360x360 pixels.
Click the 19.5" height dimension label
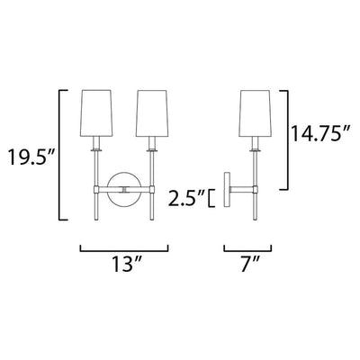point(31,157)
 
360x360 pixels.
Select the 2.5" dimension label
point(186,198)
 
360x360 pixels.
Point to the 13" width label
point(127,264)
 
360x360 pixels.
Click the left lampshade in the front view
point(96,112)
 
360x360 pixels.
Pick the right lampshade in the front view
point(152,112)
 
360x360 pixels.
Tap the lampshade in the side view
point(256,112)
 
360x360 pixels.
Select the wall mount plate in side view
point(227,189)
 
